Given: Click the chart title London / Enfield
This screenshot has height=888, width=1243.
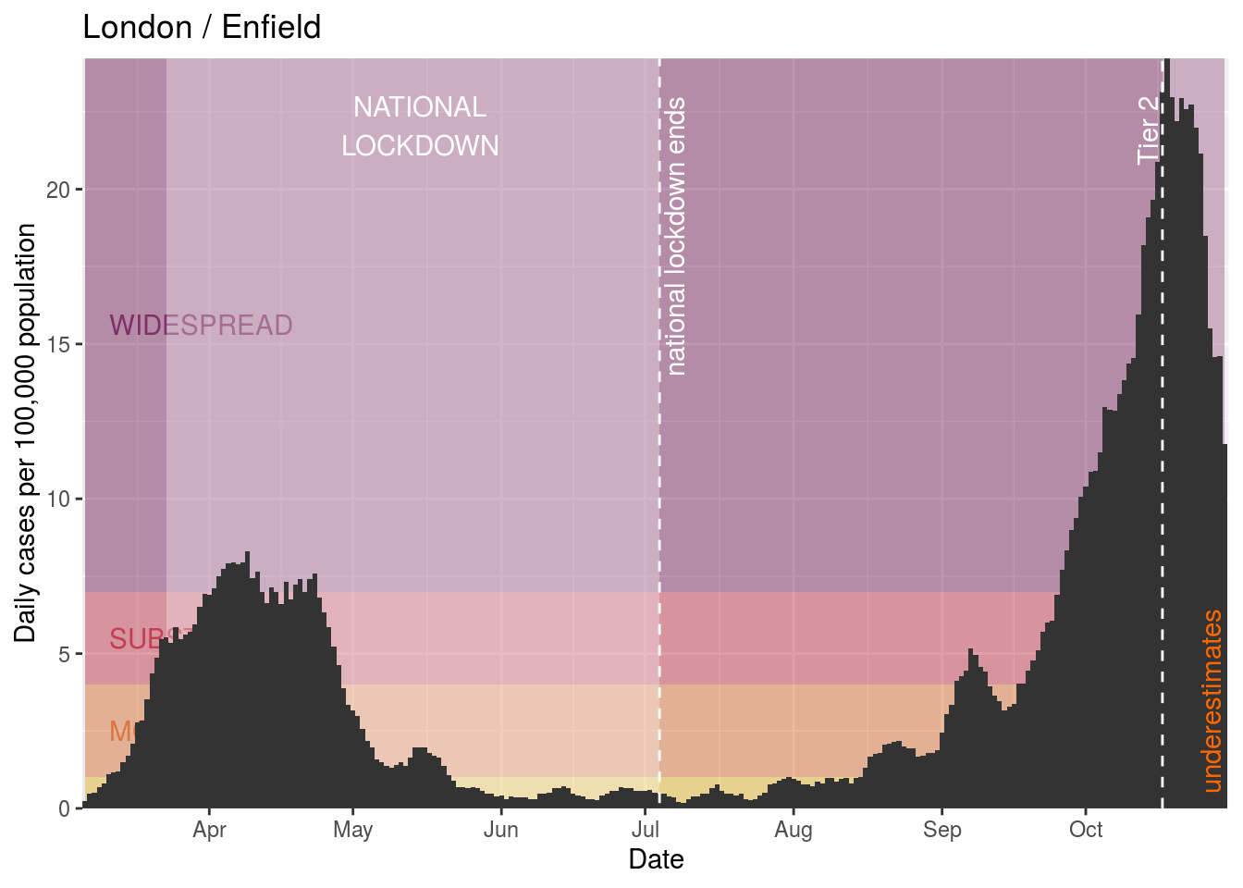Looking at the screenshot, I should click(202, 28).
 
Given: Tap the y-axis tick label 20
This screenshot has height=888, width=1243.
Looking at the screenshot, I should click(58, 190).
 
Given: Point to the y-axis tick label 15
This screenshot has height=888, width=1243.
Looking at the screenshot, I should click(58, 344).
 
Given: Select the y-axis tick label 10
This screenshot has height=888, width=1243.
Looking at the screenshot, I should click(58, 499).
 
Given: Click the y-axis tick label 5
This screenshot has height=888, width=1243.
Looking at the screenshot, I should click(64, 654).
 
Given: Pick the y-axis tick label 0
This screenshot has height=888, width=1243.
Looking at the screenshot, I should click(64, 808).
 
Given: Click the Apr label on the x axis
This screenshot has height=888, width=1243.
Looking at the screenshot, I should click(210, 830).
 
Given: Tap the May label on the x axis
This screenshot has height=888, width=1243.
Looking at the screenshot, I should click(352, 830).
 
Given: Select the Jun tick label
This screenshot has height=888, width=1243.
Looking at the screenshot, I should click(500, 830).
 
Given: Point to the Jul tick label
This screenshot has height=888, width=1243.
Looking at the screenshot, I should click(645, 830).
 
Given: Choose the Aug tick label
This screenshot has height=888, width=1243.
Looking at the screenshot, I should click(794, 830).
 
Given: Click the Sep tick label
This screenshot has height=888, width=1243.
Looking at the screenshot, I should click(941, 830).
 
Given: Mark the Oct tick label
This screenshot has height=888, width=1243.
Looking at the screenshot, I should click(1086, 830).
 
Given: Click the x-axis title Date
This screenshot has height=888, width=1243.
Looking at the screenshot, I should click(656, 859).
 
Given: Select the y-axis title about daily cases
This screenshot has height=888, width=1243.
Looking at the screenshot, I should click(26, 433).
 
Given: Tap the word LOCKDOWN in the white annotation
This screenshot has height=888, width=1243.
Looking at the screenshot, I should click(420, 146).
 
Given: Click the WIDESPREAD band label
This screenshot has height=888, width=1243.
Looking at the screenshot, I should click(201, 326).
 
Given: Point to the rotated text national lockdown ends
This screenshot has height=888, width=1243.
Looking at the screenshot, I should click(676, 237).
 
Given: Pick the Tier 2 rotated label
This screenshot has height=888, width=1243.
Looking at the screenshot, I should click(1148, 129).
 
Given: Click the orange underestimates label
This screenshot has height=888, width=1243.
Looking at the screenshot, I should click(1212, 701).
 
